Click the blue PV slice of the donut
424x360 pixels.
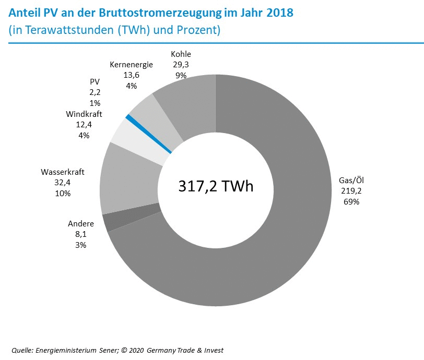pyautogui.click(x=149, y=134)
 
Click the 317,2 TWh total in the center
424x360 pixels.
pyautogui.click(x=216, y=186)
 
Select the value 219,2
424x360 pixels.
pyautogui.click(x=351, y=191)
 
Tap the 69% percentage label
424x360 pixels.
pyautogui.click(x=351, y=201)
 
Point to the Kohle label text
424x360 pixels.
pyautogui.click(x=181, y=54)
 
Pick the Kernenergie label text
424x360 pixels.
pyautogui.click(x=131, y=65)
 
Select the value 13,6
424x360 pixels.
pyautogui.click(x=131, y=75)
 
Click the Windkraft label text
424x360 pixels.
pyautogui.click(x=84, y=114)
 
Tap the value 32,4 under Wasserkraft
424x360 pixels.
pyautogui.click(x=63, y=182)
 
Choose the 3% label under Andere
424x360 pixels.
pyautogui.click(x=80, y=244)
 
